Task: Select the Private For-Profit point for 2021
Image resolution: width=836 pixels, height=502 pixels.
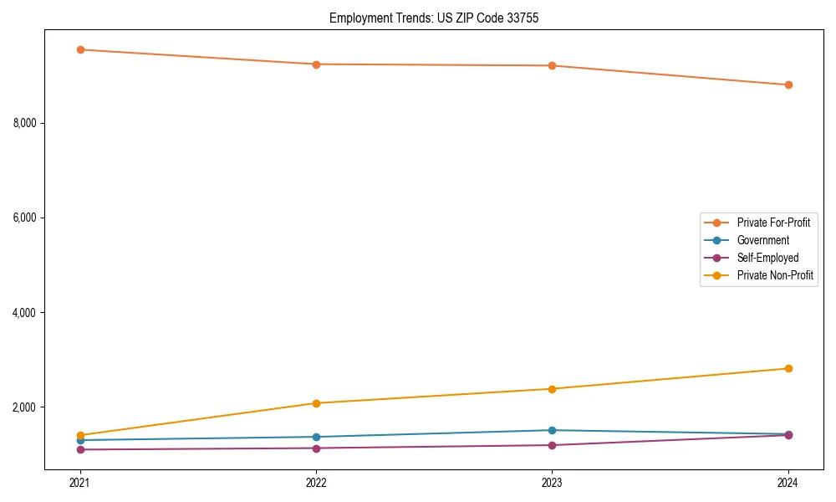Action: [x=80, y=49]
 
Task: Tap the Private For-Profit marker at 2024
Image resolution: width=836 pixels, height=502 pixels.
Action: [x=788, y=85]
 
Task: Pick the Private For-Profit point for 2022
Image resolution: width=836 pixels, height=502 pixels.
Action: [x=316, y=64]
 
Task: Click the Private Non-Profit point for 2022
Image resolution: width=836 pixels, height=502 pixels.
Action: [x=316, y=403]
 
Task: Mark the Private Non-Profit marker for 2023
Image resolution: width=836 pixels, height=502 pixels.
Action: [x=553, y=389]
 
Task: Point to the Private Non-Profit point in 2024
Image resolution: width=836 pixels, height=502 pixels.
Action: [x=788, y=368]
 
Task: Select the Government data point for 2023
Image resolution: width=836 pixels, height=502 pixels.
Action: [x=553, y=430]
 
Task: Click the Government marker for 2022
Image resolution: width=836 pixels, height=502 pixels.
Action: [x=316, y=437]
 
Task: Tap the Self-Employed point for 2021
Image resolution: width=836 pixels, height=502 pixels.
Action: [x=80, y=449]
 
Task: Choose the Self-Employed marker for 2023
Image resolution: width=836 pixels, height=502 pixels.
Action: [x=553, y=445]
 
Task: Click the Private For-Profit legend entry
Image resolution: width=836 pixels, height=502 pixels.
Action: [x=772, y=223]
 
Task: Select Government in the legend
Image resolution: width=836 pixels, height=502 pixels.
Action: [x=762, y=240]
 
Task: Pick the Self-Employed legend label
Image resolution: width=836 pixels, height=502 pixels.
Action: [x=767, y=258]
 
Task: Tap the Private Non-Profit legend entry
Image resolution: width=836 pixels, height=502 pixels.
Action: [x=775, y=275]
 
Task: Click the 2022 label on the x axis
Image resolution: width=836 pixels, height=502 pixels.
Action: [x=316, y=482]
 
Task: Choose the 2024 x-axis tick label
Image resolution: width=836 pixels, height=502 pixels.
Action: [x=788, y=482]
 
